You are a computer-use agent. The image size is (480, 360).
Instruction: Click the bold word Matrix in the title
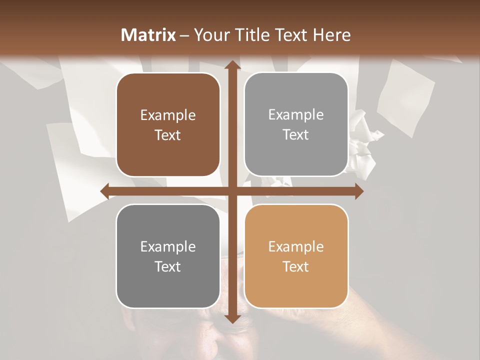point(148,35)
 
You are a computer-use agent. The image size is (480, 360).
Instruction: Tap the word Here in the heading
point(331,35)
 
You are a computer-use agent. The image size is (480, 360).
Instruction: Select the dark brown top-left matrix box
point(168,124)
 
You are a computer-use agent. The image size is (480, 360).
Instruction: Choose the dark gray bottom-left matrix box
point(168,256)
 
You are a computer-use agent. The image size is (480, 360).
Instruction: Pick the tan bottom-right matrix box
point(296,256)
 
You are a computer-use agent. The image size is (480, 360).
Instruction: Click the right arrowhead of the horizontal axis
point(358,191)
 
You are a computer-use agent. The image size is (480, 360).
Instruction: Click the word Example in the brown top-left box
point(168,115)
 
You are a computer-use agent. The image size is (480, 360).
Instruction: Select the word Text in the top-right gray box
point(296,134)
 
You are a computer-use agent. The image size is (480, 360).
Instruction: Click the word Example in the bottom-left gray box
point(168,247)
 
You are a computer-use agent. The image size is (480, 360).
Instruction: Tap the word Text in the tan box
point(296,266)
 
